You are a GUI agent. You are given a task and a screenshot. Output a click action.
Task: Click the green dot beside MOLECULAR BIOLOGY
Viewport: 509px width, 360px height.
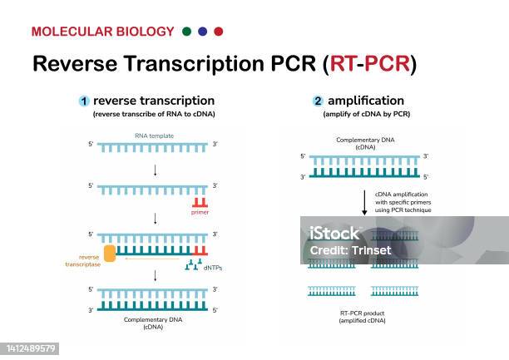coord(185,32)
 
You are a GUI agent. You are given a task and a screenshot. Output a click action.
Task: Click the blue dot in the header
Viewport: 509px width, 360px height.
coord(202,32)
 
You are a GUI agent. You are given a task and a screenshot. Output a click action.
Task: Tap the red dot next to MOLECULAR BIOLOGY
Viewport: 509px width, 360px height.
coord(219,32)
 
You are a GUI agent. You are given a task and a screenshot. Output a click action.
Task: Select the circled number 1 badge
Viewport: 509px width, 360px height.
coord(84,101)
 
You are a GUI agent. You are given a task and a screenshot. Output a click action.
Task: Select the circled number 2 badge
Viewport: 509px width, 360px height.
coord(318,101)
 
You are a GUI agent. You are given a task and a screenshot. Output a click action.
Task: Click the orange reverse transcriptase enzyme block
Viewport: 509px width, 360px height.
coord(109,252)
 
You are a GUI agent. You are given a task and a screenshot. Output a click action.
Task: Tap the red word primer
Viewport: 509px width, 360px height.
coord(199,213)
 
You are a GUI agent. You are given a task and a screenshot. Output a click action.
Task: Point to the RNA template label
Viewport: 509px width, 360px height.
coord(156,135)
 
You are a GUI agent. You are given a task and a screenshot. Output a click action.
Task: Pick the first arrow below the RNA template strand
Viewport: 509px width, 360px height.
coord(156,170)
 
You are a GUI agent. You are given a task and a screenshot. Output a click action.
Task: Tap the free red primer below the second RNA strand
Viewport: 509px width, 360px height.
coord(199,202)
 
